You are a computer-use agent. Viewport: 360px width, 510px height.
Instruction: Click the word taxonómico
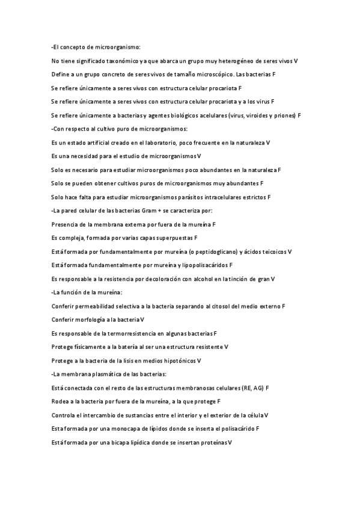[x=123, y=61]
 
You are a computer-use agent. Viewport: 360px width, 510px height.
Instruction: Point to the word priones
[x=284, y=115]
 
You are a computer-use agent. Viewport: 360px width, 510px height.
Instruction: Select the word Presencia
[x=65, y=224]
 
